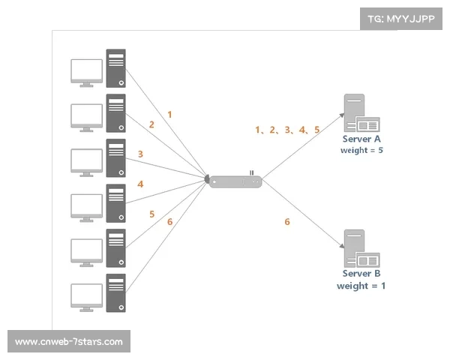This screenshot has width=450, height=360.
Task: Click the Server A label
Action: tap(362, 139)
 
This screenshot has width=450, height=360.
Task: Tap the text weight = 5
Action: tap(362, 150)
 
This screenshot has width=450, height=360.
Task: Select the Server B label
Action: tap(362, 274)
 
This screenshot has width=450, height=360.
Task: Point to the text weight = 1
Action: tap(362, 286)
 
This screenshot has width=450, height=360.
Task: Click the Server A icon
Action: tap(361, 113)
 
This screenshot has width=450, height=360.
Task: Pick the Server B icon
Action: tap(361, 249)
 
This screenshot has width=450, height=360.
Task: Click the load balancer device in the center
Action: tap(235, 181)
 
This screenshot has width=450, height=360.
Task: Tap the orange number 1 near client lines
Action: tap(170, 115)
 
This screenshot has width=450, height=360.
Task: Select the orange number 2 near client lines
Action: tap(151, 124)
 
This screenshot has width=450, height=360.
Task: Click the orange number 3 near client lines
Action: tap(140, 154)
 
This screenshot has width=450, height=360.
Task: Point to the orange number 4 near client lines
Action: tap(140, 184)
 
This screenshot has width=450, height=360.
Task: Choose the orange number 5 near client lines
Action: tap(151, 214)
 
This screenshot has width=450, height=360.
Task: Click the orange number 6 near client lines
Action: tap(170, 221)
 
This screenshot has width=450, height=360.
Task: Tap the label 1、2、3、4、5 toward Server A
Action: tap(288, 130)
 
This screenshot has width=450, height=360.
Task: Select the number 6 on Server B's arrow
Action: tap(286, 221)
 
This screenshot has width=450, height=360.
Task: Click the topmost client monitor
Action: tap(86, 71)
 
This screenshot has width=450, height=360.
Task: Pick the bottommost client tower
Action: tap(115, 292)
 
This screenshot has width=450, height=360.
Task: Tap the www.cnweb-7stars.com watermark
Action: tap(68, 342)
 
